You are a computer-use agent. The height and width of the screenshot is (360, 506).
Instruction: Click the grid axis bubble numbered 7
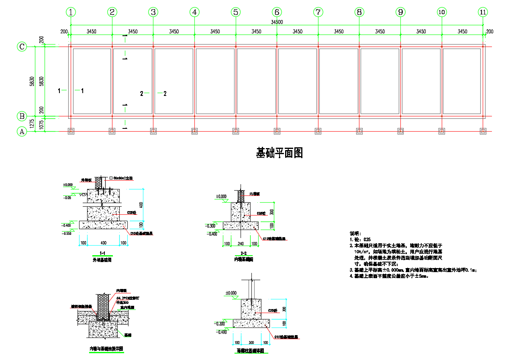318,12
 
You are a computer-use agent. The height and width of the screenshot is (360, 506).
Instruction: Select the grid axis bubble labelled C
22,47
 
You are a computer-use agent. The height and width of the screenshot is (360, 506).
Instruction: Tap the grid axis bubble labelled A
22,131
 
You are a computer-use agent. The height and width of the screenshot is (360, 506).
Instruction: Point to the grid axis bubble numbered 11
483,12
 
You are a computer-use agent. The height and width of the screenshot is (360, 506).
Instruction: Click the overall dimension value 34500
277,22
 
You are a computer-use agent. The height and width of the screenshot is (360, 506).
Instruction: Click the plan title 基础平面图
279,153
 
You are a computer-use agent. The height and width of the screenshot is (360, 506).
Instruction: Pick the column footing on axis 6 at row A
277,131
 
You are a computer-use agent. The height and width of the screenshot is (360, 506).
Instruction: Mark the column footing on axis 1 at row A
71,131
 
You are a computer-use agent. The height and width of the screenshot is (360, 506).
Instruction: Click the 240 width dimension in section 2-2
241,244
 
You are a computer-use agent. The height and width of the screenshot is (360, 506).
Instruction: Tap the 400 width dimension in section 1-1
104,243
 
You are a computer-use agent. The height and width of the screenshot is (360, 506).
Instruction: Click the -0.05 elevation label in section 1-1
67,197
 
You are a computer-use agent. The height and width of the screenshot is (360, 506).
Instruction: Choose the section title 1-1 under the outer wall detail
102,253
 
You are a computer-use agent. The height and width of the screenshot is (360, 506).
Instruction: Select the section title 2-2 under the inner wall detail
243,253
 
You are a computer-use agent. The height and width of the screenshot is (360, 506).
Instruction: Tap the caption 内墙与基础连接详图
106,348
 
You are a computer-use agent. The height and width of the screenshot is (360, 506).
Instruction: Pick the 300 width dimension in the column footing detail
251,342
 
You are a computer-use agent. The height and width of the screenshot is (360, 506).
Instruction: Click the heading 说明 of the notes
355,233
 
